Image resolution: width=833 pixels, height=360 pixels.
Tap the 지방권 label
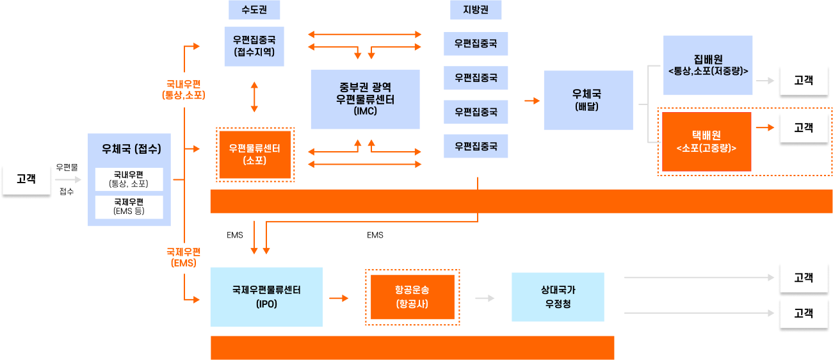pyautogui.click(x=475, y=10)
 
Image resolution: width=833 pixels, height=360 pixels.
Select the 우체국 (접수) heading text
pyautogui.click(x=131, y=149)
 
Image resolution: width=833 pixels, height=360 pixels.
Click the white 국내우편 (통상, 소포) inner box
pyautogui.click(x=129, y=179)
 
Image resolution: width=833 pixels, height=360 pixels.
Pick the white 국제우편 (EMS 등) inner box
pyautogui.click(x=129, y=207)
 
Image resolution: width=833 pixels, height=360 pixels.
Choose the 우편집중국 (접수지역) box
pyautogui.click(x=254, y=46)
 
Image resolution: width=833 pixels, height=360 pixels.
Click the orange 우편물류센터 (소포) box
pyautogui.click(x=254, y=154)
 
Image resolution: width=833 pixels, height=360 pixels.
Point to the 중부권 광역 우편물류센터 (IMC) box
pyautogui.click(x=365, y=99)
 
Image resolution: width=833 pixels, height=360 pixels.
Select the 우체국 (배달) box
pyautogui.click(x=588, y=100)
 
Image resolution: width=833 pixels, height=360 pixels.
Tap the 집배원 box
pyautogui.click(x=708, y=65)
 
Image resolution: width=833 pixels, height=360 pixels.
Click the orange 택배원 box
pyautogui.click(x=706, y=142)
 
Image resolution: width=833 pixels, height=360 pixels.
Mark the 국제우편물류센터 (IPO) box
pyautogui.click(x=266, y=297)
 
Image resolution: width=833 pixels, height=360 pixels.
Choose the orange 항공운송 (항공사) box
pyautogui.click(x=412, y=297)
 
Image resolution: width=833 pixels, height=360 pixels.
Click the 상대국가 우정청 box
pyautogui.click(x=557, y=297)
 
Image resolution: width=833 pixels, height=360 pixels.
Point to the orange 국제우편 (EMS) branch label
pyautogui.click(x=184, y=257)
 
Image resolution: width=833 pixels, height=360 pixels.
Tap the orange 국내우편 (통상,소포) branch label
pyautogui.click(x=184, y=90)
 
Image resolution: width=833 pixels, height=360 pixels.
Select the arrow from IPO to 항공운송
pyautogui.click(x=339, y=298)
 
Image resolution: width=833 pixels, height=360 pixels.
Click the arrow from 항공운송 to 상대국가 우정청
pyautogui.click(x=485, y=298)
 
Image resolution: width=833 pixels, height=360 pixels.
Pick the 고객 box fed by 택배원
pyautogui.click(x=803, y=127)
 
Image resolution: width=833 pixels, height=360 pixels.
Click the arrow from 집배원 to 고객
pyautogui.click(x=764, y=81)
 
